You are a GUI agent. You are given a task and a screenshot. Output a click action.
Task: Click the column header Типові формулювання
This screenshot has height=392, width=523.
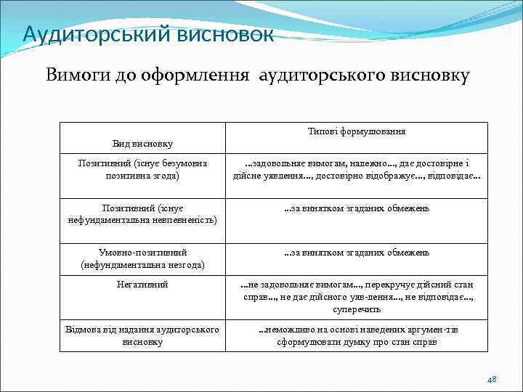pyautogui.click(x=356, y=131)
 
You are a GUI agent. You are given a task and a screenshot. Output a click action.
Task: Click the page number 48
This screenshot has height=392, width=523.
pyautogui.click(x=491, y=379)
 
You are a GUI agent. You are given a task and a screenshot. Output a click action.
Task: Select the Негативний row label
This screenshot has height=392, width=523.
pyautogui.click(x=142, y=285)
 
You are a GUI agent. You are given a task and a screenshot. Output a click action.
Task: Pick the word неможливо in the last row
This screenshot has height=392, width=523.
pyautogui.click(x=291, y=330)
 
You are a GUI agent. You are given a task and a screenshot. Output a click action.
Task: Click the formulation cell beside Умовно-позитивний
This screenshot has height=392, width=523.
pyautogui.click(x=356, y=253)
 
